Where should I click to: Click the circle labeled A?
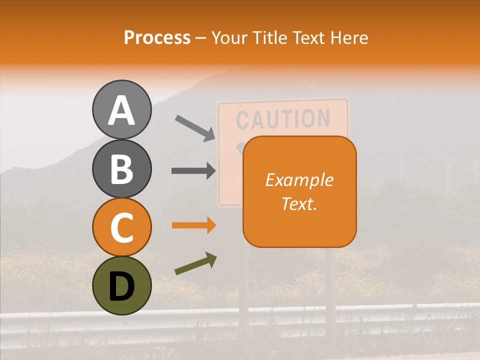[x=121, y=109]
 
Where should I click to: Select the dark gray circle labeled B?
[x=121, y=168]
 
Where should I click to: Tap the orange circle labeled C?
[x=121, y=227]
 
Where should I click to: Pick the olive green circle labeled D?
[x=121, y=286]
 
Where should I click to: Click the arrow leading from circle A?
[x=194, y=127]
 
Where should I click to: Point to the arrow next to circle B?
[x=193, y=171]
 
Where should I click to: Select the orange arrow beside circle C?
[x=193, y=225]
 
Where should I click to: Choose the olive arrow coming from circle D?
[x=195, y=263]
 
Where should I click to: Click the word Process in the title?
[x=157, y=37]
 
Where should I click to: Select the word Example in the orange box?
[x=299, y=180]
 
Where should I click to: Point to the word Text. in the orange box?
[x=299, y=203]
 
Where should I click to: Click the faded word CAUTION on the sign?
[x=283, y=119]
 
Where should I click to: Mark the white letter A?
[x=121, y=110]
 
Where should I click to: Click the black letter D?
[x=121, y=287]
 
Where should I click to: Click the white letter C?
[x=121, y=228]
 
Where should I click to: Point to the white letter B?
[x=121, y=169]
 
